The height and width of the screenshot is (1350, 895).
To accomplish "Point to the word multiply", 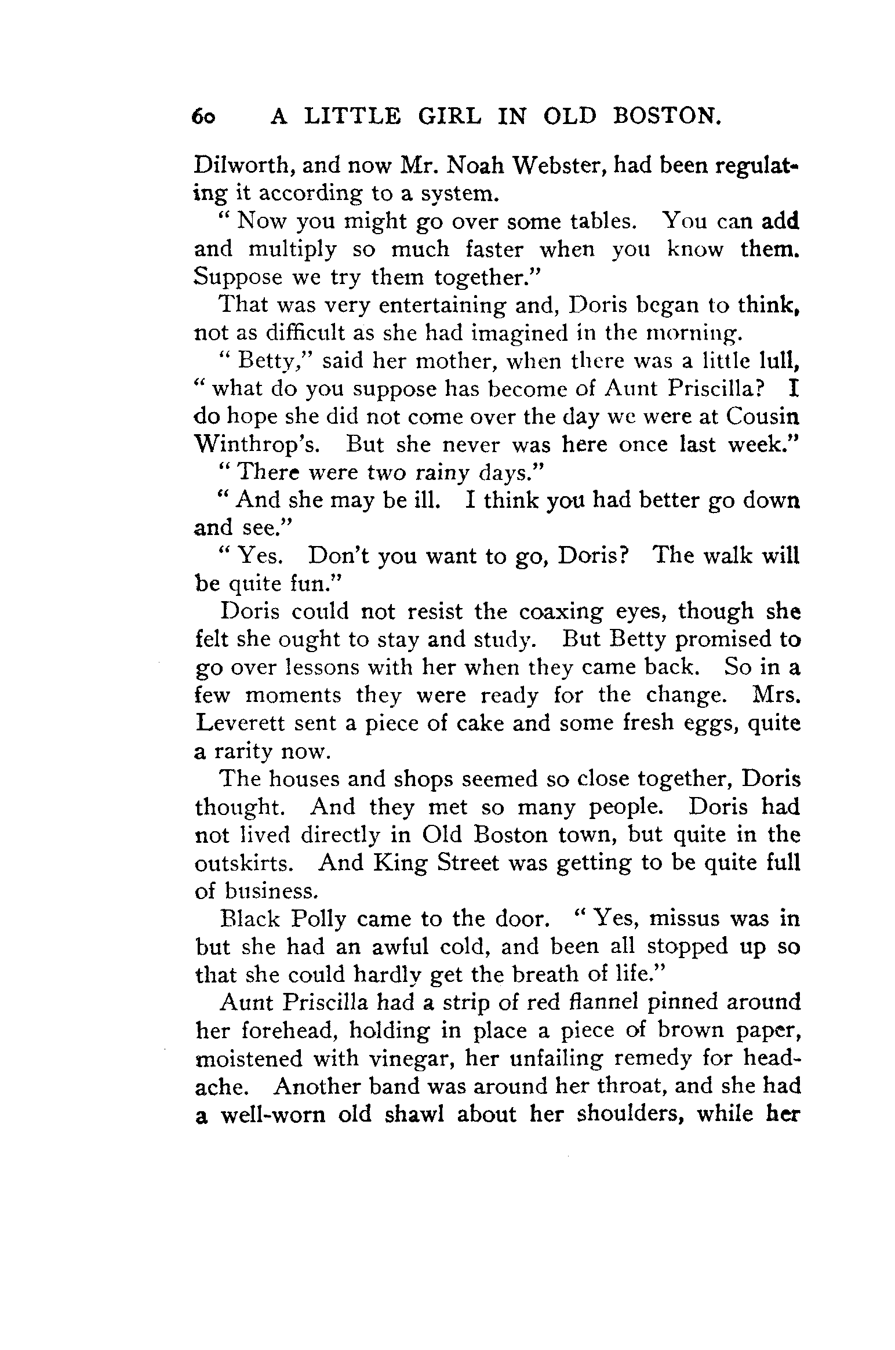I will [x=292, y=250].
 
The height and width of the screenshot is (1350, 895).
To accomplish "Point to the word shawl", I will [x=410, y=1115].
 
